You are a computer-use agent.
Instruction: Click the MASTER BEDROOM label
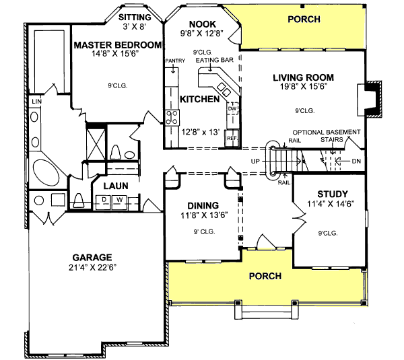[x=118, y=45]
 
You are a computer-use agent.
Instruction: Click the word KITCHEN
[x=199, y=99]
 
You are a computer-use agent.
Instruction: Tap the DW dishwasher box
[x=232, y=108]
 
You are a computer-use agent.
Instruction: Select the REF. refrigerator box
[x=232, y=138]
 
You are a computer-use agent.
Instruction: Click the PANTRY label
[x=174, y=61]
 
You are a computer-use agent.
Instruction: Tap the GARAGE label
[x=92, y=257]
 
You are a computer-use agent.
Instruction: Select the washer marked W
[x=119, y=199]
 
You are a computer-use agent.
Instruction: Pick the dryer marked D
[x=105, y=199]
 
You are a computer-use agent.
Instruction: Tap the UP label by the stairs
[x=255, y=162]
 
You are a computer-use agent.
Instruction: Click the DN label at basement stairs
[x=356, y=161]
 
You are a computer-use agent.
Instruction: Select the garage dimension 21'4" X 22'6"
[x=92, y=268]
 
